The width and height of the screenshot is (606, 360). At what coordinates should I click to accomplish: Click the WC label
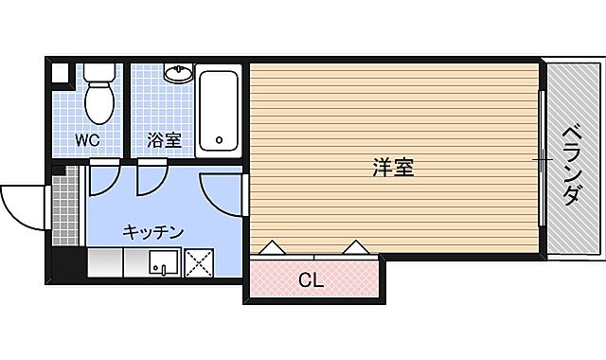coord(88,139)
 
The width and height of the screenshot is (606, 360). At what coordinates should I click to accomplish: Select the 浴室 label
coord(163,140)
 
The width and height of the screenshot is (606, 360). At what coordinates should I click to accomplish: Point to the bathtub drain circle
coord(220,142)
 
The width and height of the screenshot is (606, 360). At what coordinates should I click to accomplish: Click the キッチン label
coord(151,232)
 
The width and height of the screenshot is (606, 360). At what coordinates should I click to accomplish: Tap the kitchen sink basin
coord(163,263)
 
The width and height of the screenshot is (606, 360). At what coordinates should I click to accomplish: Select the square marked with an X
coord(199,263)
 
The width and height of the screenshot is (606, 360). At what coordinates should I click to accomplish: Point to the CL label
coord(312,280)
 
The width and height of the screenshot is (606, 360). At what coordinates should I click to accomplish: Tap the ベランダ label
coord(571,166)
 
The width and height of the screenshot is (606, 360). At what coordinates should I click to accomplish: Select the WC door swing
coord(101,180)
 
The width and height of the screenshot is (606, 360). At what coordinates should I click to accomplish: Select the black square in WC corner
coord(61,72)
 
